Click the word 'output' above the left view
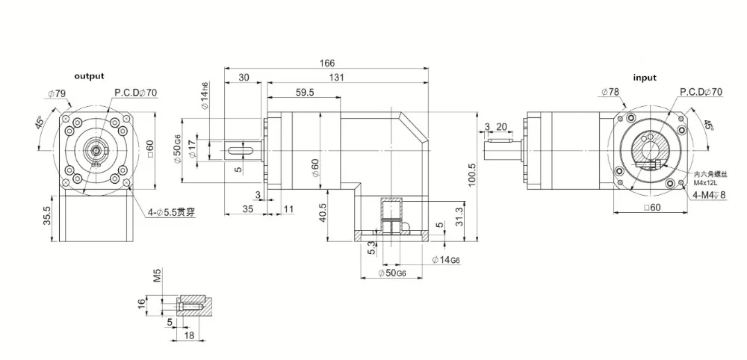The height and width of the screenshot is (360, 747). tap(88, 76)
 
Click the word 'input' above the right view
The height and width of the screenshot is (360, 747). tap(645, 78)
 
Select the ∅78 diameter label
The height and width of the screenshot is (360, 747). tap(610, 92)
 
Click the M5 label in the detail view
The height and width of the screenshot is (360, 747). tap(156, 276)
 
